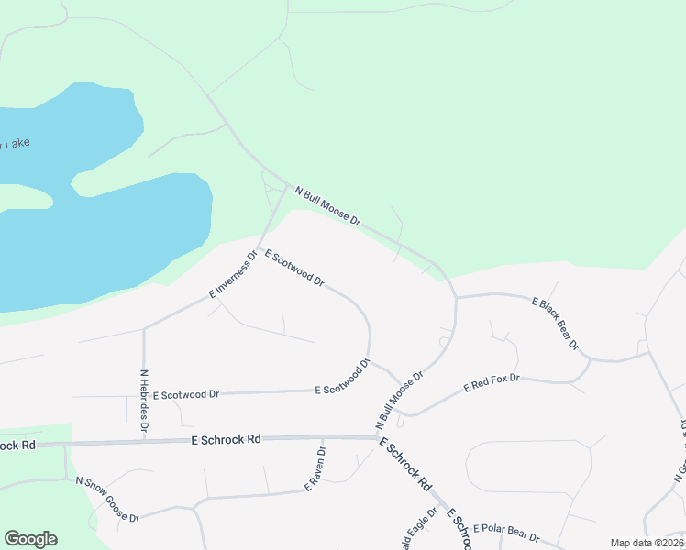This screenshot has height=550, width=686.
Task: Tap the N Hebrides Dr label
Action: pos(144,400)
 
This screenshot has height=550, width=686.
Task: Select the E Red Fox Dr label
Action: pos(492,383)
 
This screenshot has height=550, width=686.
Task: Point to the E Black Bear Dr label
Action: pos(556,323)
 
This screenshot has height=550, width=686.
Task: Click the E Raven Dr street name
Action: pos(315,469)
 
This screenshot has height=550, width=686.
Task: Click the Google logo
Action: pos(30,539)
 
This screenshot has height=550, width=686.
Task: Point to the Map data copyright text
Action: pos(647,543)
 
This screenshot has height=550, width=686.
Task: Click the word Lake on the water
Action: pos(15,144)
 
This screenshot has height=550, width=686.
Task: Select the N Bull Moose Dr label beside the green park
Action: pos(327,206)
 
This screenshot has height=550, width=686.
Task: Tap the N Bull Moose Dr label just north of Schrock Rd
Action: pos(399,401)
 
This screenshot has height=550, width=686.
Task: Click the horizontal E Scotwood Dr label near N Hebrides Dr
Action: pos(186,395)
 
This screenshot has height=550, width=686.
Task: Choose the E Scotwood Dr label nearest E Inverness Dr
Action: pos(294,268)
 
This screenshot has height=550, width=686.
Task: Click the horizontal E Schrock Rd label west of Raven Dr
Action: pos(227,440)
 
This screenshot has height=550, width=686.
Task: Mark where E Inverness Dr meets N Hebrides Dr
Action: pos(144,327)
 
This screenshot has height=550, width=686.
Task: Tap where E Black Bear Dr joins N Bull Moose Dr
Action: pos(457,297)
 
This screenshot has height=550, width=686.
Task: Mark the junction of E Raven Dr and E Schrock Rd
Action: pos(323,438)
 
